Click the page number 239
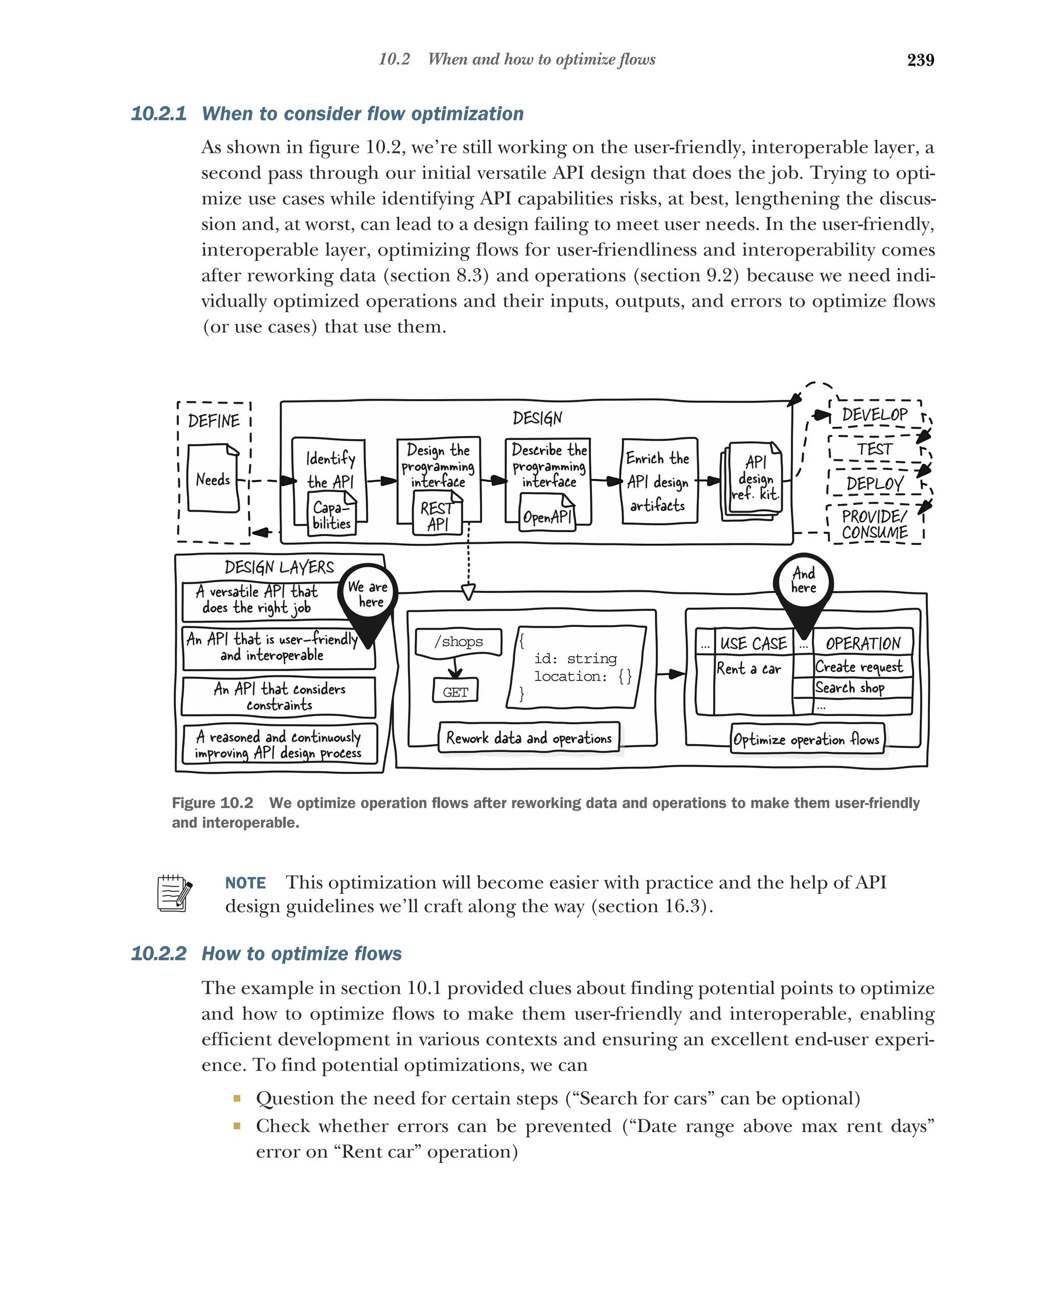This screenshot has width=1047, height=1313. point(920,60)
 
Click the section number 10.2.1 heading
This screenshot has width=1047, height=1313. point(158,114)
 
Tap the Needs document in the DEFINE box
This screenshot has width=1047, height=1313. point(213,479)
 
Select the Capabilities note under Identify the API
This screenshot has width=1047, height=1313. point(331,515)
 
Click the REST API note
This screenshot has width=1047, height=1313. point(437,516)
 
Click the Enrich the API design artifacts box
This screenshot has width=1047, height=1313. point(658,481)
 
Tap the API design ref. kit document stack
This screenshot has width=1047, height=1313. point(754,480)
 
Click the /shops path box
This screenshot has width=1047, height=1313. point(458,642)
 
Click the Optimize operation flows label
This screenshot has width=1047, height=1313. point(806,740)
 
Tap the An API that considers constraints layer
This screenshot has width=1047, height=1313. point(279,697)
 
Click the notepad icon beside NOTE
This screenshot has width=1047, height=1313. point(174,893)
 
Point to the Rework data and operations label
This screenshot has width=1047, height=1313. point(528,738)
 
